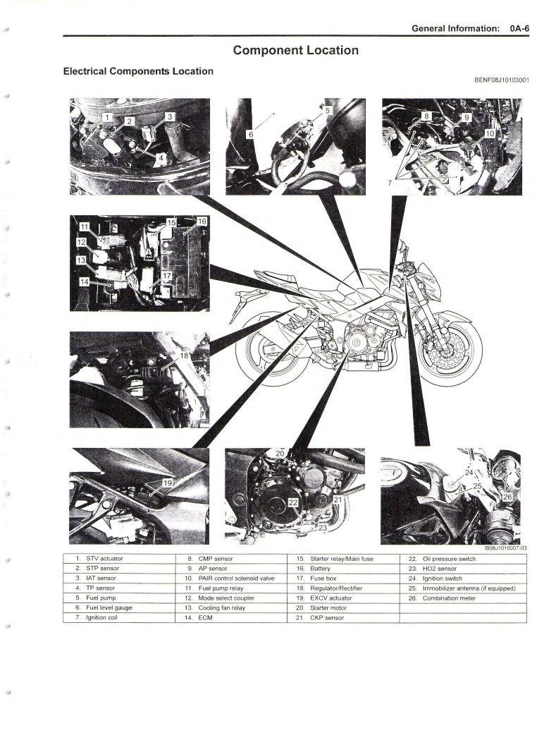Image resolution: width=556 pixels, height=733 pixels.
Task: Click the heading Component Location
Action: point(296,50)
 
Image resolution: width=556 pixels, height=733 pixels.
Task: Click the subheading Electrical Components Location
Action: point(138,71)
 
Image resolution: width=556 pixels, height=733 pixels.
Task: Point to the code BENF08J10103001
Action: point(496,80)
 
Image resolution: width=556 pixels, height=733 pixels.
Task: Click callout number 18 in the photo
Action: point(185,356)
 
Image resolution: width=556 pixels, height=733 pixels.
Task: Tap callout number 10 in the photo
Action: point(490,132)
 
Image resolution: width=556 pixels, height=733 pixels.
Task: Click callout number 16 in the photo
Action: point(202,222)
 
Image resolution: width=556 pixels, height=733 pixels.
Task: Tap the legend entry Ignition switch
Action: point(443,578)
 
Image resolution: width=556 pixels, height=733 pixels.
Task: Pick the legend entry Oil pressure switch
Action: point(448,558)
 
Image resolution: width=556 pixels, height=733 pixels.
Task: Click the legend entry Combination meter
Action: point(449,598)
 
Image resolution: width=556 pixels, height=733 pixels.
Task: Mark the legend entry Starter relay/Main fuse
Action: point(341,558)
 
